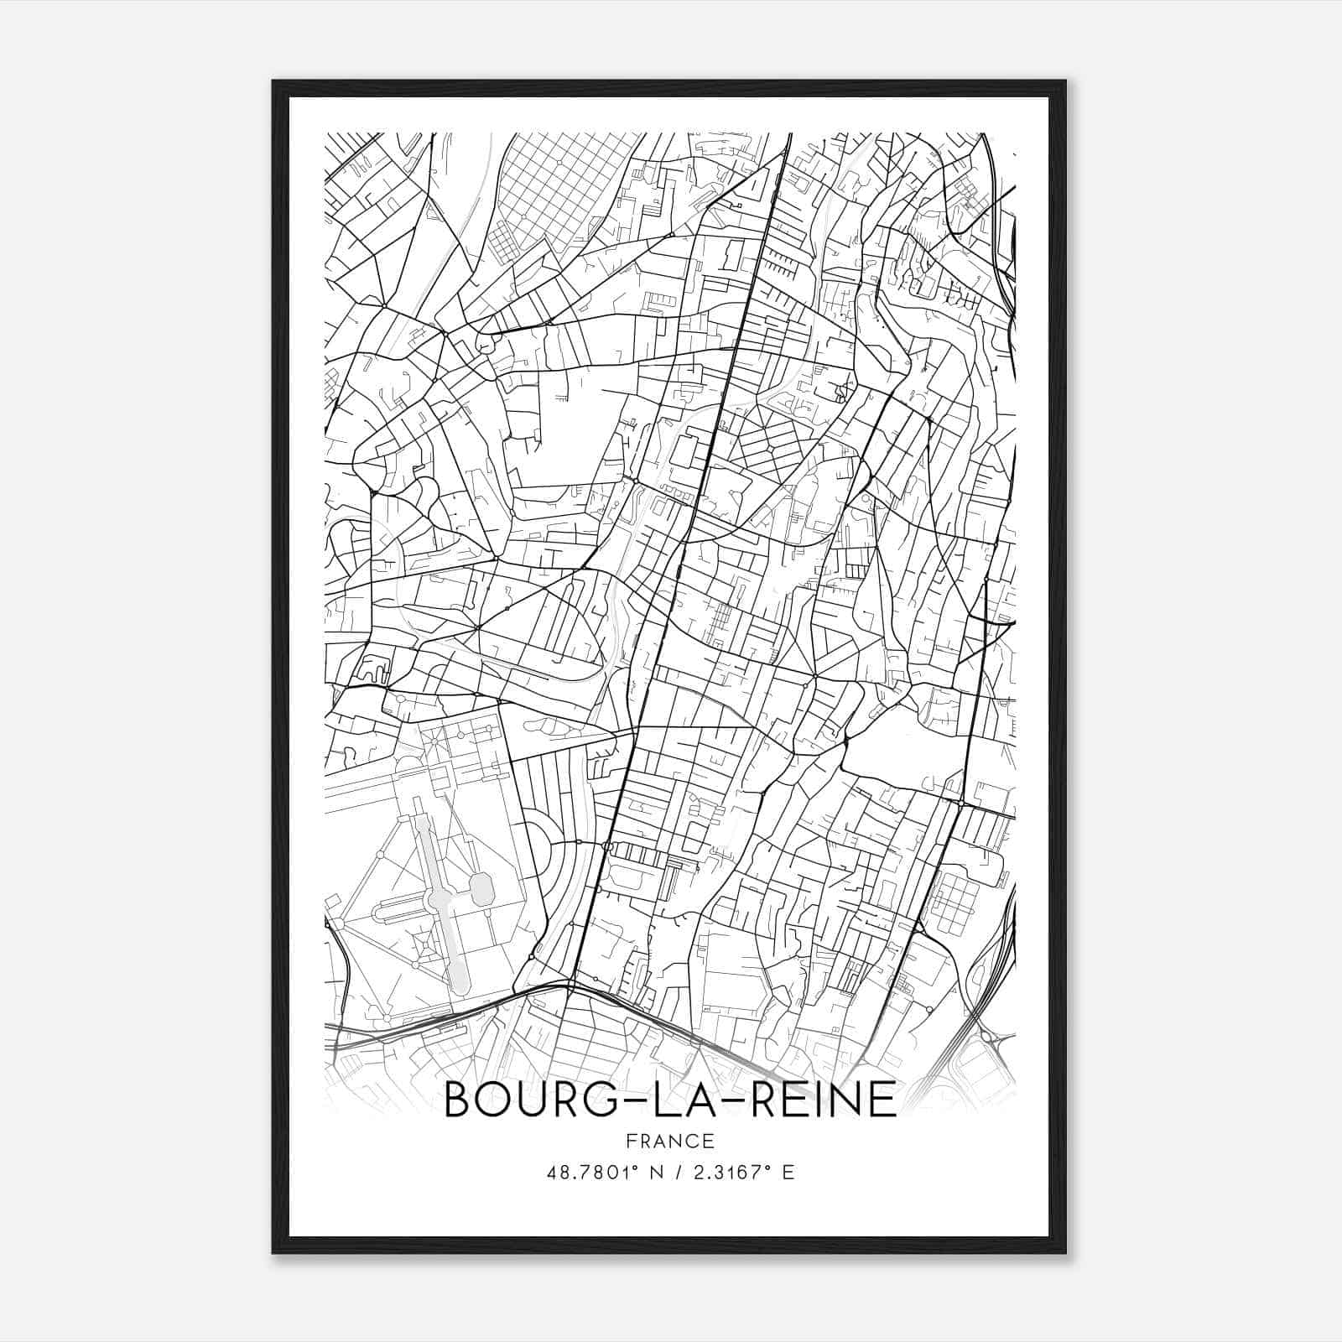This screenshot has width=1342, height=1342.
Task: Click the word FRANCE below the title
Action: click(669, 1141)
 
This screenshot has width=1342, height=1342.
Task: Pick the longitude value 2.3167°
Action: click(731, 1173)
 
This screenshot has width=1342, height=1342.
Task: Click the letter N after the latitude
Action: click(646, 1173)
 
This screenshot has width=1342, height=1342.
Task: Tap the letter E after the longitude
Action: click(788, 1173)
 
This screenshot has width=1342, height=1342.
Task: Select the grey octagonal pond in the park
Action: click(481, 889)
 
